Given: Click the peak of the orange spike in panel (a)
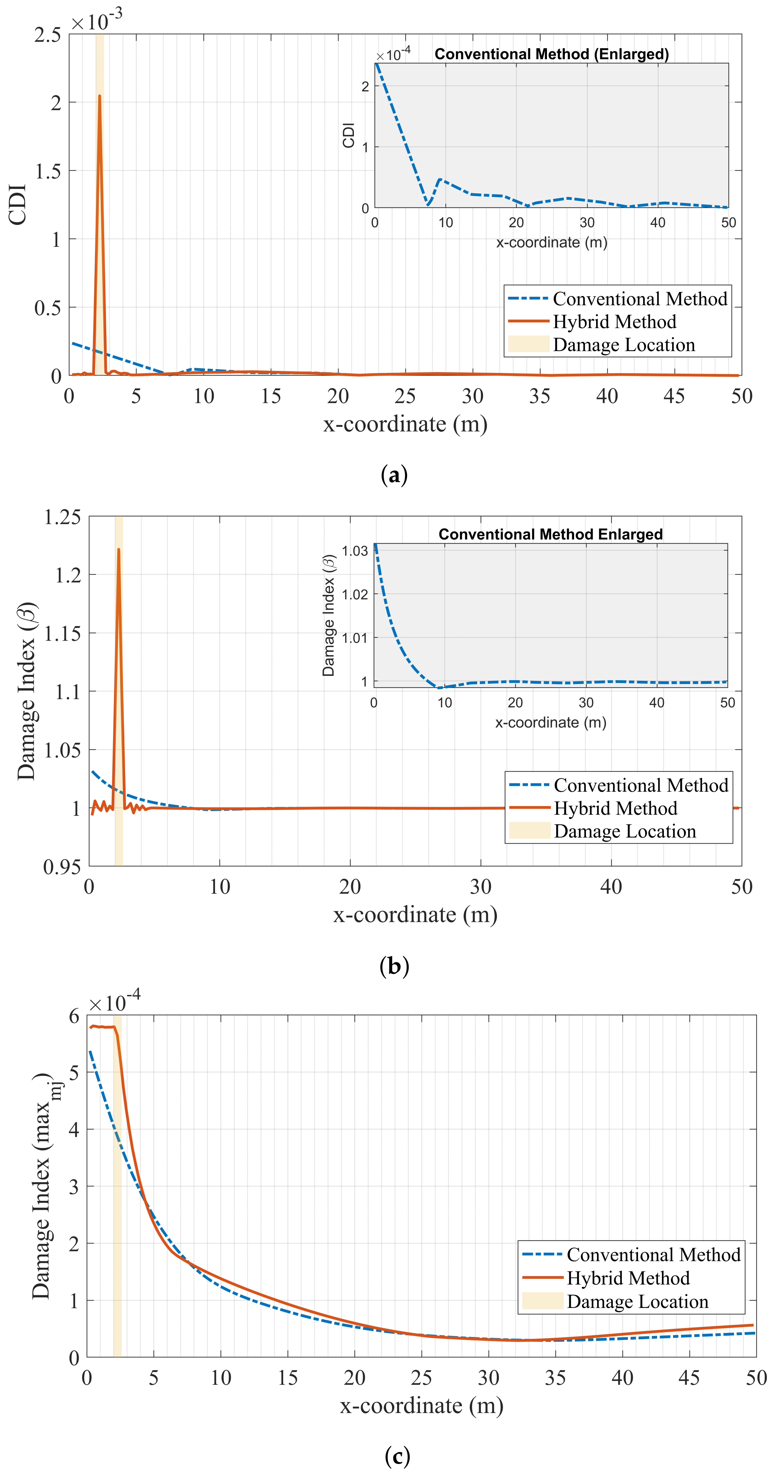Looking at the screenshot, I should (x=100, y=96).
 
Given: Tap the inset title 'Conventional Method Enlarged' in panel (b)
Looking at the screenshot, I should (x=550, y=535).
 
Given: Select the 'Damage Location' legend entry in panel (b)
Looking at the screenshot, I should (x=625, y=831).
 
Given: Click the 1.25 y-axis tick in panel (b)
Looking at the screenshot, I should (x=62, y=517).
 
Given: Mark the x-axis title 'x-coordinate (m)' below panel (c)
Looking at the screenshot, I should (x=421, y=1406).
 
